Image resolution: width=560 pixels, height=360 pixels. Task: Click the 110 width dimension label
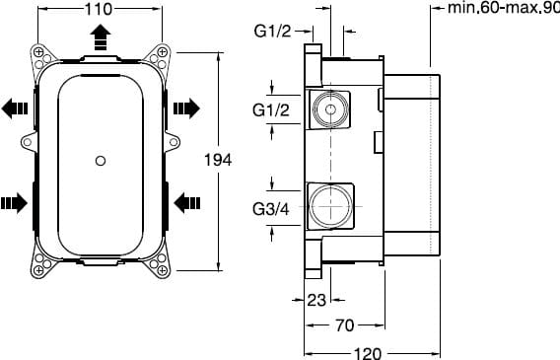[99, 9]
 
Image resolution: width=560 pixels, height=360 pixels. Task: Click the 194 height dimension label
[218, 160]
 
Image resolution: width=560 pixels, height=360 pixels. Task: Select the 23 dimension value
[316, 300]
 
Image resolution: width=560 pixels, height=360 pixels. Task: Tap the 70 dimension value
[345, 325]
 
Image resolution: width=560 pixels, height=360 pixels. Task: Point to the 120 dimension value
[368, 353]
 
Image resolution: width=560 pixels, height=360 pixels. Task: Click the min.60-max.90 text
[504, 8]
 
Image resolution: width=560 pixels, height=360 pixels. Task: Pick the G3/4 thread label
[271, 209]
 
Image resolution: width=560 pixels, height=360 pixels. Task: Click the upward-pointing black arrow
[101, 37]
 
